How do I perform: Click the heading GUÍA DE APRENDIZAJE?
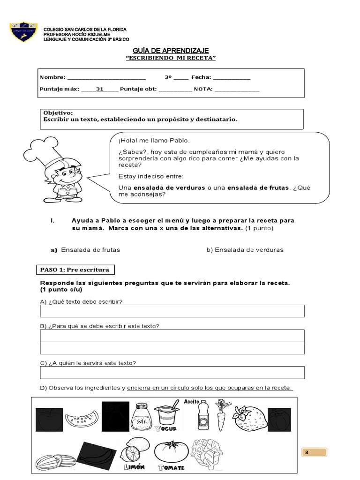[x=171, y=51]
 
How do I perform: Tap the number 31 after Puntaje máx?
[x=99, y=89]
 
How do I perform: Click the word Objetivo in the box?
[x=58, y=113]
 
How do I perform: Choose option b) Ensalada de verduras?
[x=245, y=250]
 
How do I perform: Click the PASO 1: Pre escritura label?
[x=75, y=270]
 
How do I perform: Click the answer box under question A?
[x=172, y=311]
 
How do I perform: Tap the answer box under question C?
[x=172, y=372]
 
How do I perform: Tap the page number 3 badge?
[x=314, y=452]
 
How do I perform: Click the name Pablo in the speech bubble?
[x=180, y=141]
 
